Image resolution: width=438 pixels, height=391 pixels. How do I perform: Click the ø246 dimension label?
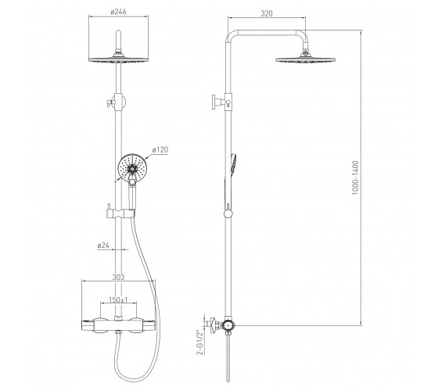[x=118, y=12]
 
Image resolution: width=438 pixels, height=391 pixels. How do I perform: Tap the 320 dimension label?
[x=267, y=13]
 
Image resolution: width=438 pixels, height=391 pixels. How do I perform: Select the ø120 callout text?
[x=160, y=149]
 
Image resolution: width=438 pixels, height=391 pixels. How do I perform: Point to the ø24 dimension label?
[x=103, y=246]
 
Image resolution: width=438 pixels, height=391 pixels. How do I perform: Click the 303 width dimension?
[x=118, y=278]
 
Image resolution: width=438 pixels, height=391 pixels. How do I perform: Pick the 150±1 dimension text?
[x=118, y=300]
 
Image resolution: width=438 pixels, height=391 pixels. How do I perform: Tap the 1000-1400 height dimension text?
[x=355, y=178]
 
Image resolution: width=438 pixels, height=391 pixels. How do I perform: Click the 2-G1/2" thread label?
[x=199, y=343]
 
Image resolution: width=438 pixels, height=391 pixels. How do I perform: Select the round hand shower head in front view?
[x=132, y=168]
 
